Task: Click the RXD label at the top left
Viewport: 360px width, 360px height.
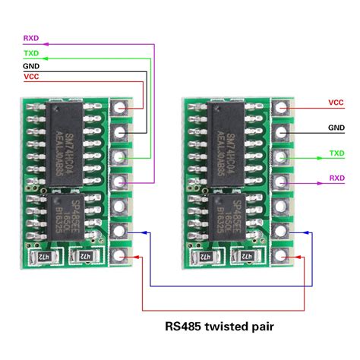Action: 32,37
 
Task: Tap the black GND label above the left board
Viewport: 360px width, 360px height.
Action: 32,67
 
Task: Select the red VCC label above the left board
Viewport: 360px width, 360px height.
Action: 32,77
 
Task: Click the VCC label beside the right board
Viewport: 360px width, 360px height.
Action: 336,102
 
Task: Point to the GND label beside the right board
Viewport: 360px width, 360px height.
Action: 336,128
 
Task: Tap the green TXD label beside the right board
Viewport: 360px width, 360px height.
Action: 336,154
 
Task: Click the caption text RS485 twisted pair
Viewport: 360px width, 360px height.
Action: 219,328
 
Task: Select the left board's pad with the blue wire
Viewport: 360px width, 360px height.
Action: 120,231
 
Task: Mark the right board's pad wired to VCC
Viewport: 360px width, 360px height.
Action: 283,109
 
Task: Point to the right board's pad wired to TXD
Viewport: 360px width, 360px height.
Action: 283,158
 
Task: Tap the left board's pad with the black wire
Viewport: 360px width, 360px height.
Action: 120,134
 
